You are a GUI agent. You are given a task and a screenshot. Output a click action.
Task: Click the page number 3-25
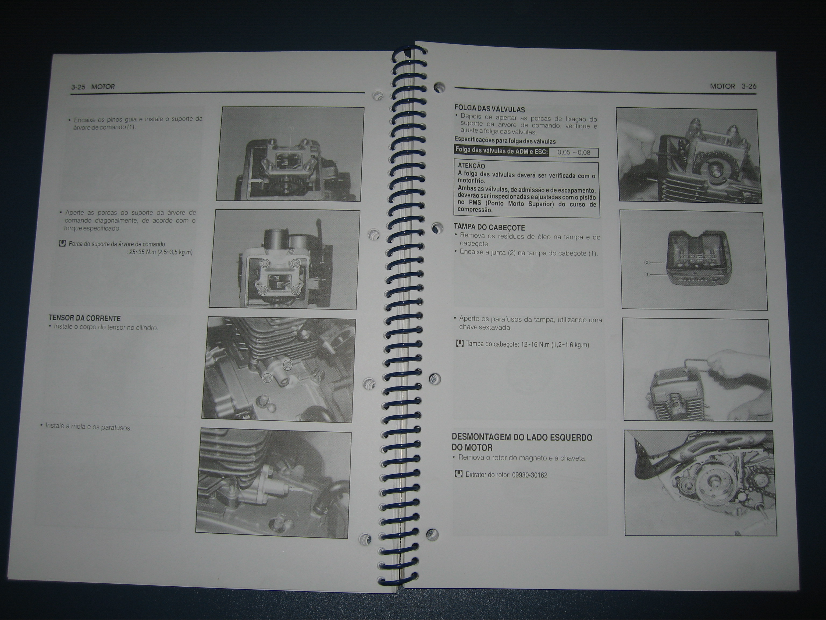coord(79,87)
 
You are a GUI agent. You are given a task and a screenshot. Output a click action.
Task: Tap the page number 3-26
coord(749,86)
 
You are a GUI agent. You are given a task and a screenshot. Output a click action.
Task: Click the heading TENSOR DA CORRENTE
coord(85,318)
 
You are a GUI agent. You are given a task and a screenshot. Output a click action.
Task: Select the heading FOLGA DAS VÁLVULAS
coord(490,109)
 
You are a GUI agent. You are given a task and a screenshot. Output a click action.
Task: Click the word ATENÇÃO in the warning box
coord(471,166)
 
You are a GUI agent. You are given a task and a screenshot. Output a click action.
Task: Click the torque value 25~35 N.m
coord(142,252)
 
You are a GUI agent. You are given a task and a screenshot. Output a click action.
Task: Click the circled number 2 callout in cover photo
coord(647,263)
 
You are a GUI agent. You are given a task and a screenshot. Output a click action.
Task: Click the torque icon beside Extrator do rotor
coord(458,474)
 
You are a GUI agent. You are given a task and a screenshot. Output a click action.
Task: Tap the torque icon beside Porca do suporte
coord(62,244)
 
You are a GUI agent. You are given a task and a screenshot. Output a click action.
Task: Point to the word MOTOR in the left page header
coord(103,87)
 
